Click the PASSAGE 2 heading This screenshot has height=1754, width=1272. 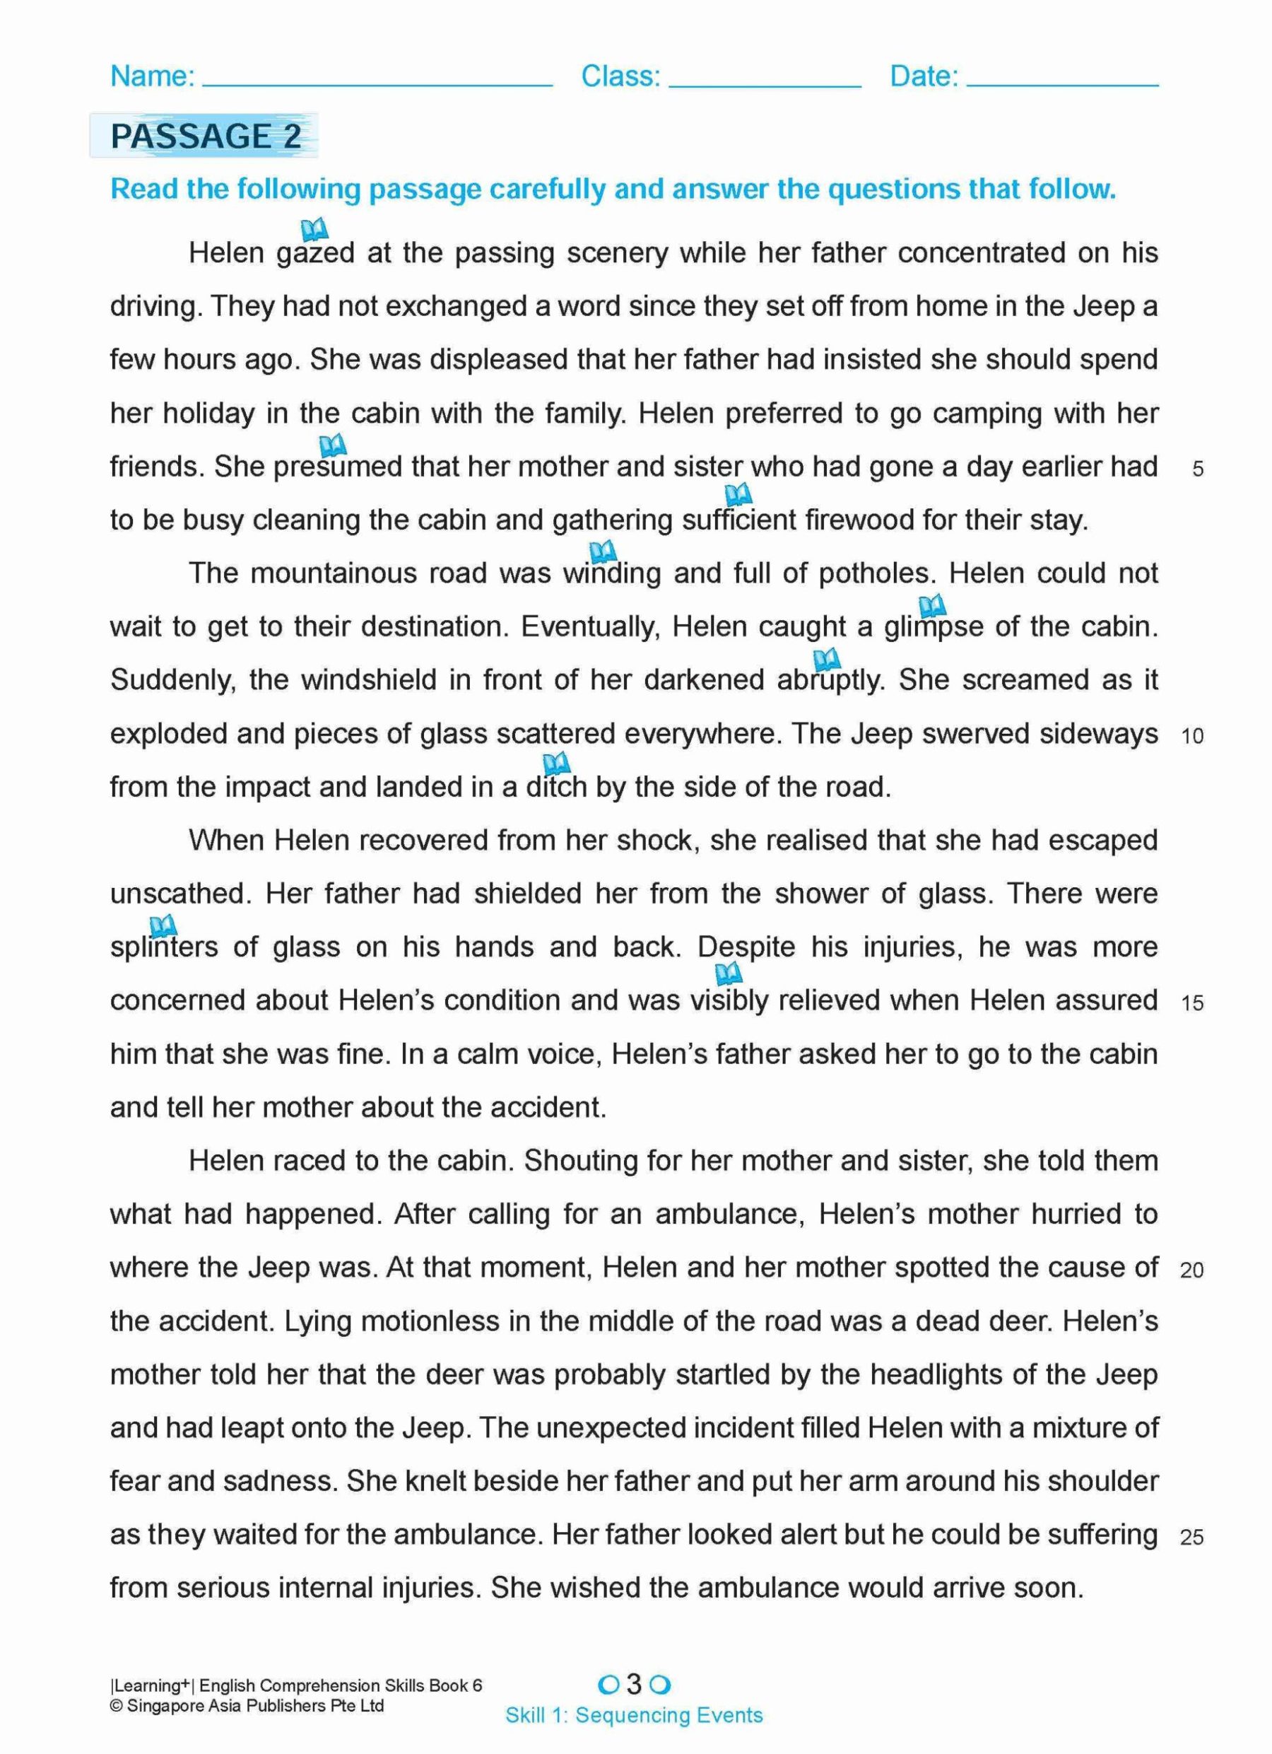(205, 136)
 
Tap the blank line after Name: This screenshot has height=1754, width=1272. (377, 82)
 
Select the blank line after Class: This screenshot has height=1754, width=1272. (765, 82)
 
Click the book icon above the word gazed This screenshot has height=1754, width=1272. (314, 229)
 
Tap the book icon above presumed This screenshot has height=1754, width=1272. (333, 445)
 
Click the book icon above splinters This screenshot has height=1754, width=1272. (163, 925)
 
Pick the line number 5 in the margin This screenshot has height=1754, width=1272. (1198, 469)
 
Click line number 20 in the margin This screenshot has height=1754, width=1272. (1191, 1270)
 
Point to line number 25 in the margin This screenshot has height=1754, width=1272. (1191, 1537)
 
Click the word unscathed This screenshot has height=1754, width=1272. (180, 894)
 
